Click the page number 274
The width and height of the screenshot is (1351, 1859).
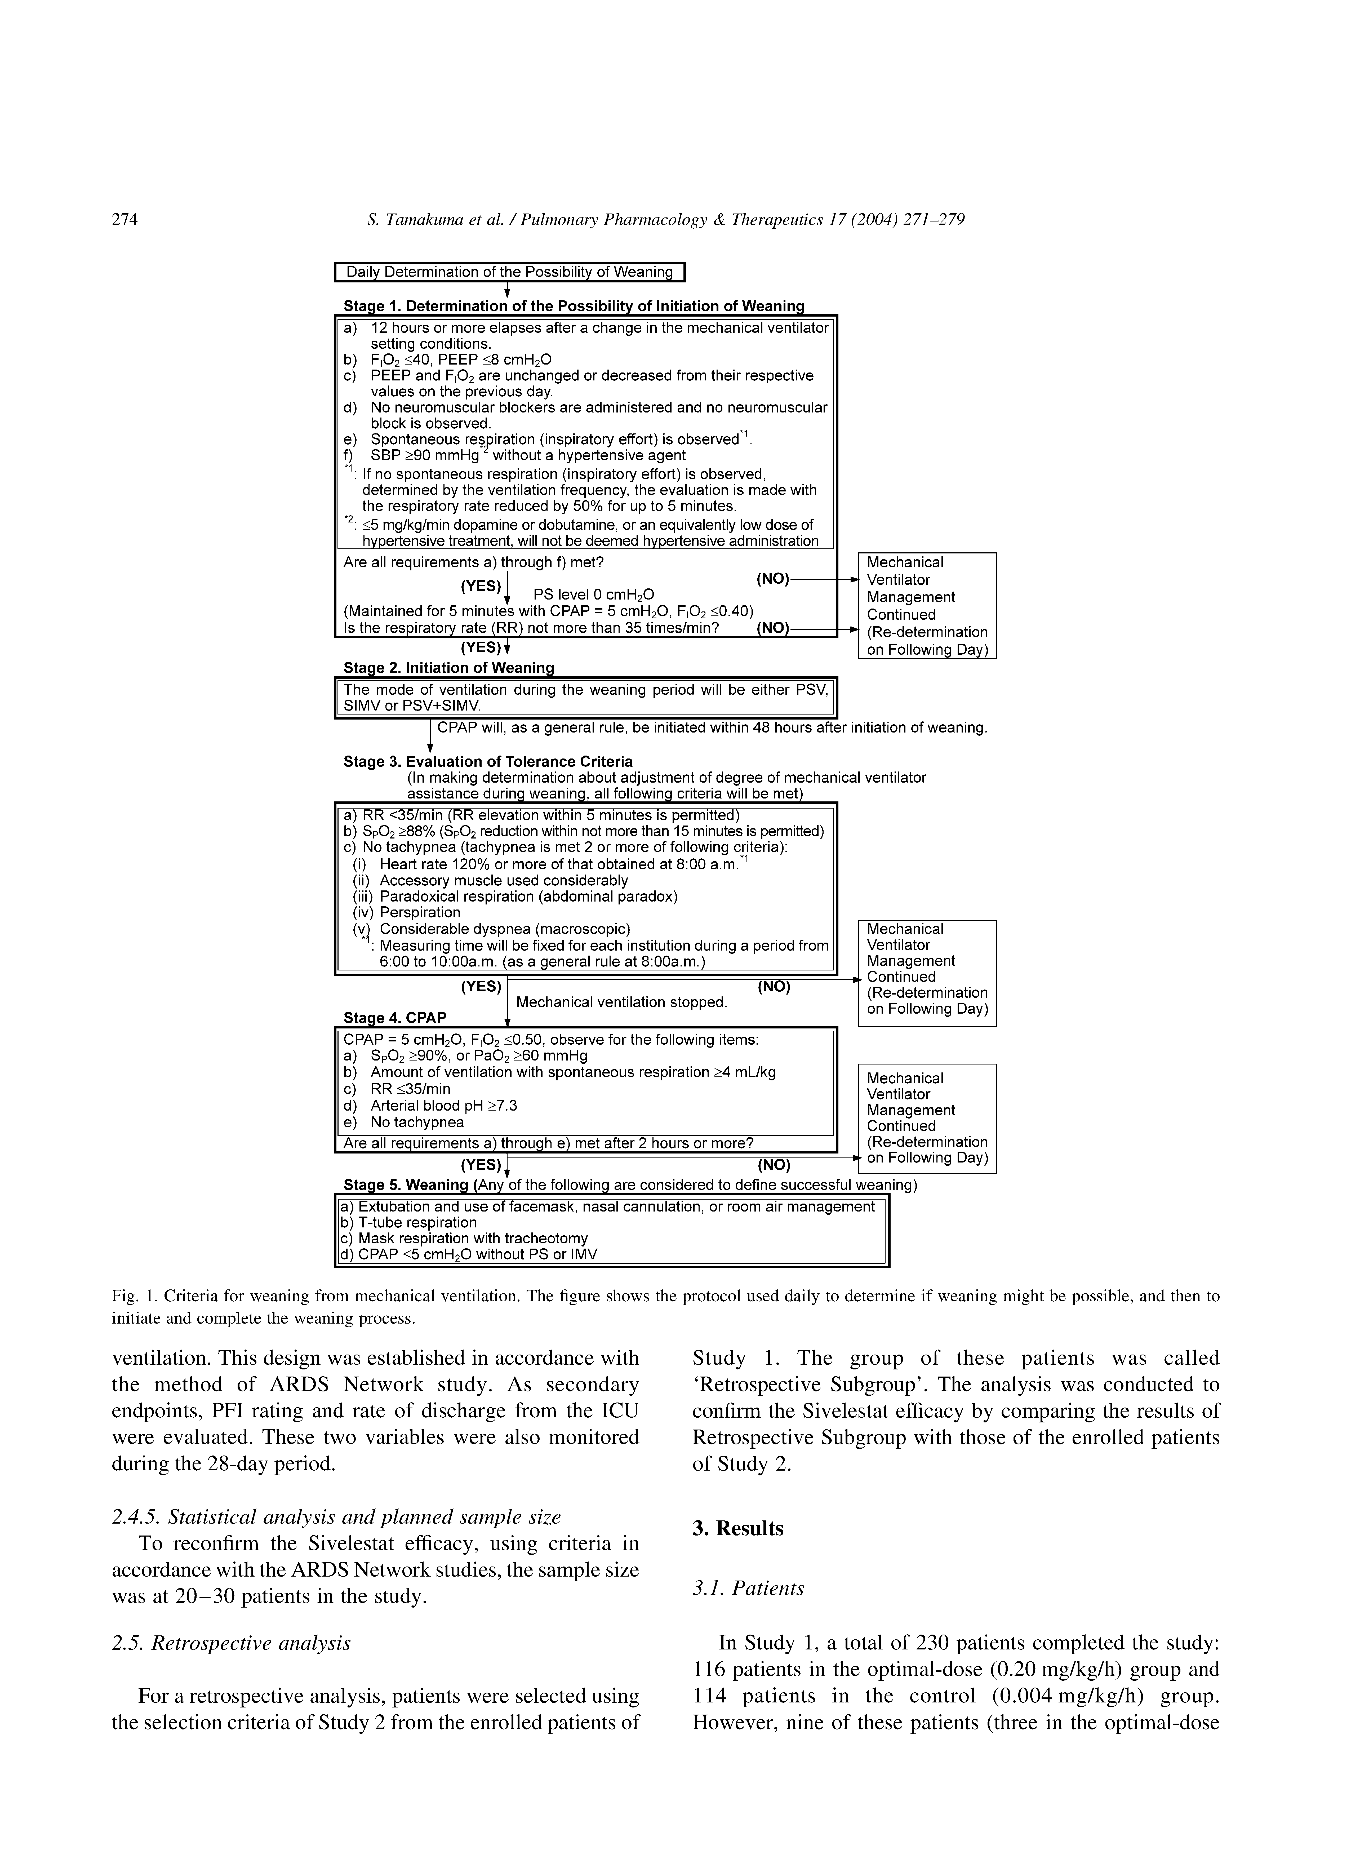point(125,220)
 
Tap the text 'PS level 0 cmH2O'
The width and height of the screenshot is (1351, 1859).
point(594,594)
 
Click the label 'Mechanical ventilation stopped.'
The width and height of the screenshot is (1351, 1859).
point(621,1002)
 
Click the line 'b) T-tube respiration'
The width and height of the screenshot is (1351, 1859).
point(407,1222)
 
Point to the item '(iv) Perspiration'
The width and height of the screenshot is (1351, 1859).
point(407,912)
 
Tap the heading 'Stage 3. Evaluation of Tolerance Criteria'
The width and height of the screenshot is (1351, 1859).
point(488,761)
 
